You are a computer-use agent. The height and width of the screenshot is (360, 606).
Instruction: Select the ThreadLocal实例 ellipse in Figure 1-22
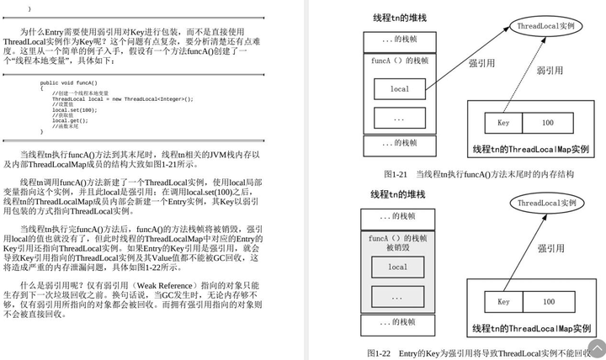coord(546,203)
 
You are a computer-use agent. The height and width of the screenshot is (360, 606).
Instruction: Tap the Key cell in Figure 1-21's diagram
coord(503,123)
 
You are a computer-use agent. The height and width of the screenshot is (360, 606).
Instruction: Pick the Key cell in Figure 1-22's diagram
coord(503,301)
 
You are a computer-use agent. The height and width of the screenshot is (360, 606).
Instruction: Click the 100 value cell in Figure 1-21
coord(548,123)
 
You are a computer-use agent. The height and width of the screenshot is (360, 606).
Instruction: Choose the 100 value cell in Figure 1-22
coord(548,301)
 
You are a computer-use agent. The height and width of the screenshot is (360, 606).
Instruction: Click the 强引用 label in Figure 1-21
coord(481,62)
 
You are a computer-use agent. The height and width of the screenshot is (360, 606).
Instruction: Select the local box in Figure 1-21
coord(400,88)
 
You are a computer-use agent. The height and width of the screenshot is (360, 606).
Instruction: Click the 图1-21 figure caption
coord(478,174)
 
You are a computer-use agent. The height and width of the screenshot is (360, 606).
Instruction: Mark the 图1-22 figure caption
coord(477,353)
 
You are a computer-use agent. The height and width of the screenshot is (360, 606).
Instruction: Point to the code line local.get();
coord(70,121)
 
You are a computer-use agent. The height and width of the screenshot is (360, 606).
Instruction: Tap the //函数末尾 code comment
coord(70,126)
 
